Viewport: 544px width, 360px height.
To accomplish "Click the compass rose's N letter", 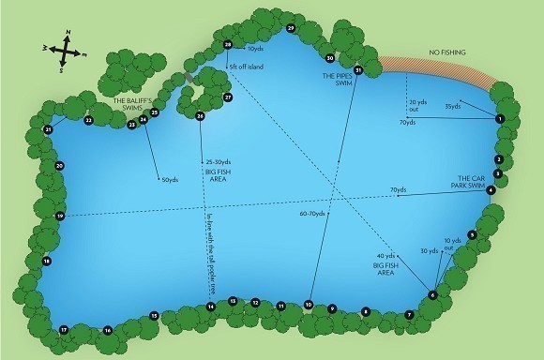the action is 67,34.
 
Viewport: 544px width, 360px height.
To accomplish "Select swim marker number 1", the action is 500,119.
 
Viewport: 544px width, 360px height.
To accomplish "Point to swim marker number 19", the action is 60,217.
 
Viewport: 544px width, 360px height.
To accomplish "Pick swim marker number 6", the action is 432,295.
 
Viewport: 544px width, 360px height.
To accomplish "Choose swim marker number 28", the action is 228,44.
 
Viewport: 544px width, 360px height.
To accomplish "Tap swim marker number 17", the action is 64,330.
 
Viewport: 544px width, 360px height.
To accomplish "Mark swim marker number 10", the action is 308,304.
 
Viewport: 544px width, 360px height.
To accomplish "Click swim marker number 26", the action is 200,115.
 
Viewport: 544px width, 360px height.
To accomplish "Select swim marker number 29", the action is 291,29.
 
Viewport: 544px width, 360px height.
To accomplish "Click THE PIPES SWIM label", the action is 336,79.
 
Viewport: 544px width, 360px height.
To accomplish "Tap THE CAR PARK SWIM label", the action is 470,181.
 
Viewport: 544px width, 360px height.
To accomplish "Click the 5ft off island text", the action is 246,67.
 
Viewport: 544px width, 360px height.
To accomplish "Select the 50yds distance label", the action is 170,180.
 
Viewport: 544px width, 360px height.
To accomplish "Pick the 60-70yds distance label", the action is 312,214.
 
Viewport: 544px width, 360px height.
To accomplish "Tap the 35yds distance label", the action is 453,106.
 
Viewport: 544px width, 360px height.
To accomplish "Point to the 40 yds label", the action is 385,256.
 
